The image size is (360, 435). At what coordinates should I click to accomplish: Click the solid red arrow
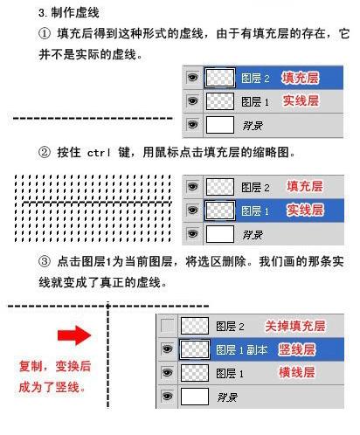tap(74, 335)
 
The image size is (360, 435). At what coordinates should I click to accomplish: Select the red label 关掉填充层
tap(295, 326)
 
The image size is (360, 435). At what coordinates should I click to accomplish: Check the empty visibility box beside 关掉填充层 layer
tap(166, 327)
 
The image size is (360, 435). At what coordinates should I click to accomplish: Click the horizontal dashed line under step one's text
tap(92, 117)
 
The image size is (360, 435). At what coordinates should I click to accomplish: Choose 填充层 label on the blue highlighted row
tap(301, 78)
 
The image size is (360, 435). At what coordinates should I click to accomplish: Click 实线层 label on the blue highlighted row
tap(305, 211)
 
